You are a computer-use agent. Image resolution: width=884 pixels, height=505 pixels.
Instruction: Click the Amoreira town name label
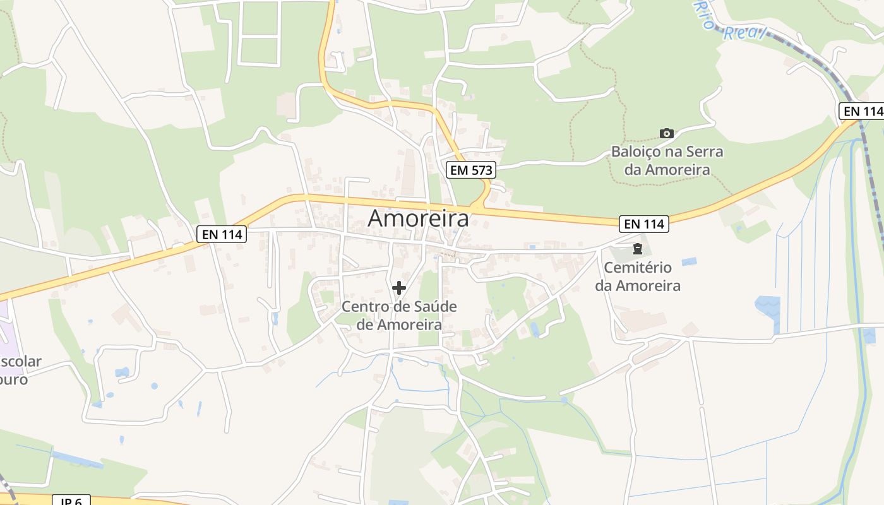coord(418,218)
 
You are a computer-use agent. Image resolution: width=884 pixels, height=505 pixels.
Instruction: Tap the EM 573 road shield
coord(470,170)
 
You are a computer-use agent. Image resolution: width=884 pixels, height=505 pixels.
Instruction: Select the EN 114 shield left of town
coord(221,234)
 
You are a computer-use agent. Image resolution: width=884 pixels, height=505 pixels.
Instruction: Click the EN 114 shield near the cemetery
coord(644,223)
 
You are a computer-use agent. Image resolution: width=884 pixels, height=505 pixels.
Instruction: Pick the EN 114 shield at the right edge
coord(862,111)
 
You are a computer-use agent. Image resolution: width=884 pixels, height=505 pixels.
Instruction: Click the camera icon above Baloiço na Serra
coord(666,133)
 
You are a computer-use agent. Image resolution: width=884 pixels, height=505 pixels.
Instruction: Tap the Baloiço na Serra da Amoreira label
coord(667,160)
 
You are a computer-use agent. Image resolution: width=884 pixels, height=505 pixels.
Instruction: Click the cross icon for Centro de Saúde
coord(398,288)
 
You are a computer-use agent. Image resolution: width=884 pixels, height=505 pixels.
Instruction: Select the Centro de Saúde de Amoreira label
coord(398,316)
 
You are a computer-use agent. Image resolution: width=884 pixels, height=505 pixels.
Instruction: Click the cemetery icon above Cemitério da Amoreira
coord(637,248)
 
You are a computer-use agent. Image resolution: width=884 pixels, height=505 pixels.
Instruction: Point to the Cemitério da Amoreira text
coord(637,276)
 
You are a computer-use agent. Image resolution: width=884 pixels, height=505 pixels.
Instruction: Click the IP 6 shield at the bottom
coord(71,501)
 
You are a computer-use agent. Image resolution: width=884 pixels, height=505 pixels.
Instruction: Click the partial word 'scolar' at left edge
coord(20,362)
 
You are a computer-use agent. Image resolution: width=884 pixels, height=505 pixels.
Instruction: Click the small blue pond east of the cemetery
coord(689,261)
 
